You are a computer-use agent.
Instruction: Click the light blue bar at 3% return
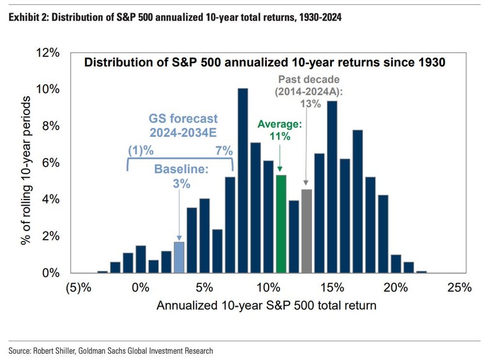(179, 257)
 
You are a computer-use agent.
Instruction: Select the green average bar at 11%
(280, 224)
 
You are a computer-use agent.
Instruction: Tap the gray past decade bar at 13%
(306, 231)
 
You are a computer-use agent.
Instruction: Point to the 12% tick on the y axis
(48, 53)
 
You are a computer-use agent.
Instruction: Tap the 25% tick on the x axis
(459, 288)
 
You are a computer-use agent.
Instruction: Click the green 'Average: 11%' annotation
(279, 130)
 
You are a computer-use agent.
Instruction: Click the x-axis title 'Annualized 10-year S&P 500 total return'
(266, 305)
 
